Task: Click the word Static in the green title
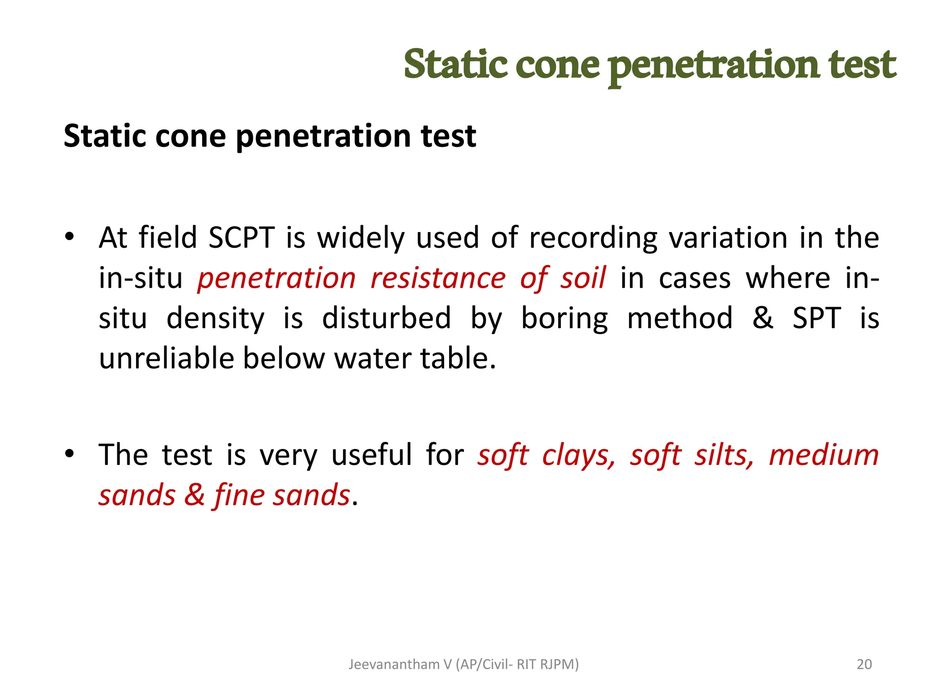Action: [455, 64]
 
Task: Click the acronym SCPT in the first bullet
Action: [241, 237]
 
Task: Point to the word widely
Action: [360, 237]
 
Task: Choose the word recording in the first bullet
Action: [593, 237]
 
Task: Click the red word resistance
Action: [438, 278]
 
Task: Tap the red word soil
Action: [583, 278]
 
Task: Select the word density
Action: [215, 318]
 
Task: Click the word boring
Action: [564, 318]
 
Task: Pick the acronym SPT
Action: [817, 318]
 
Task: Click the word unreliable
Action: [166, 358]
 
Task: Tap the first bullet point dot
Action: [69, 237]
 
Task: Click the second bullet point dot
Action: [69, 454]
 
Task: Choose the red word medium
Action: [824, 455]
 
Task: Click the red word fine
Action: [238, 495]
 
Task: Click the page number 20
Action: [864, 664]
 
